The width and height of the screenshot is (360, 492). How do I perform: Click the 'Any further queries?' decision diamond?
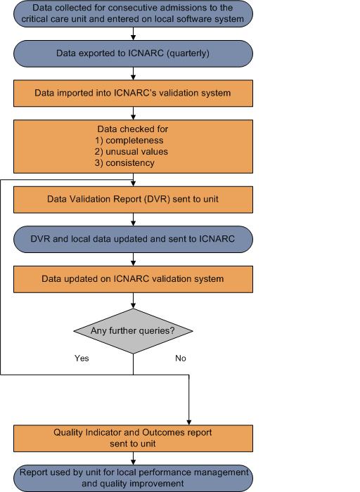(133, 331)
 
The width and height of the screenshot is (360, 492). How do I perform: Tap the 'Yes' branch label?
(82, 358)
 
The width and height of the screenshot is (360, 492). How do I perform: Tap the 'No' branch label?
(181, 358)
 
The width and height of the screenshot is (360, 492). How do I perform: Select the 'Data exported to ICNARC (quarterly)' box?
(133, 53)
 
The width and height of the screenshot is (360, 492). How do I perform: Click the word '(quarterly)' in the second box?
(188, 53)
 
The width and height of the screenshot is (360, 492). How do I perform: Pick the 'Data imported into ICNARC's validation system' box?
(133, 93)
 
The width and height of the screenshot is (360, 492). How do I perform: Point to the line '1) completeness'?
(129, 141)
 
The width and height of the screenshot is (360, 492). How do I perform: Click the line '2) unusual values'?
(131, 152)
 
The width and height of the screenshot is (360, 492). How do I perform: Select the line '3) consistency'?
(124, 163)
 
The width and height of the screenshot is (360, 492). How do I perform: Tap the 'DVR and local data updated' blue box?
(133, 239)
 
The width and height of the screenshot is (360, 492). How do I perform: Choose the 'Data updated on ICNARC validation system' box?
(133, 279)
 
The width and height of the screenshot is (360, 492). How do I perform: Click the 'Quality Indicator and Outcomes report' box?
(133, 439)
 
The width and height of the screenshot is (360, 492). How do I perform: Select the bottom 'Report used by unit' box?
(133, 478)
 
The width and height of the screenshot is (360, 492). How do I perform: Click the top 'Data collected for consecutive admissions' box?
(133, 13)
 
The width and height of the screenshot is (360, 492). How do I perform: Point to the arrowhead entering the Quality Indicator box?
(189, 422)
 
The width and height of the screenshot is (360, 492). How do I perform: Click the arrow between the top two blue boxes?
(133, 34)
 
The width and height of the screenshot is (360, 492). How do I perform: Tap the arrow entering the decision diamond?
(133, 301)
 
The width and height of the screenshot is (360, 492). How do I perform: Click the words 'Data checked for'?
(133, 129)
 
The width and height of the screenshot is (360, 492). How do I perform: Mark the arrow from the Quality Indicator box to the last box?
(133, 458)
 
